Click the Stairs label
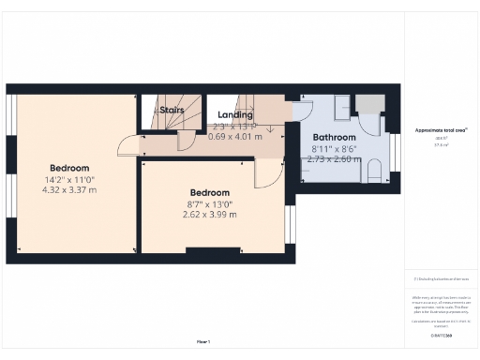(x=171, y=110)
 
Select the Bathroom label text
(x=334, y=136)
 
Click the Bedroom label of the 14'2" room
(x=69, y=168)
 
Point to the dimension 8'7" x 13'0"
(x=210, y=203)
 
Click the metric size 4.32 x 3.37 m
(x=69, y=190)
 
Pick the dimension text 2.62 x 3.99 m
(x=210, y=214)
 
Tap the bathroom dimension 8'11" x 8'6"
(x=333, y=148)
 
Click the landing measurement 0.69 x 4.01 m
(x=235, y=137)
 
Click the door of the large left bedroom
(x=126, y=144)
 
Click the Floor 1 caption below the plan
(x=202, y=340)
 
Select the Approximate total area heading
(x=441, y=130)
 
